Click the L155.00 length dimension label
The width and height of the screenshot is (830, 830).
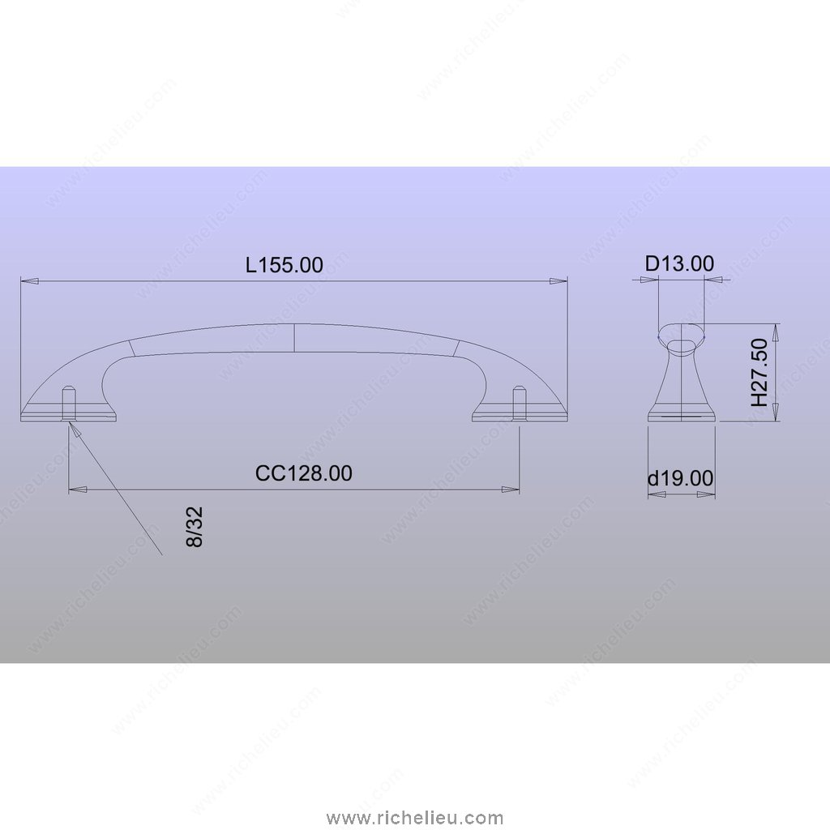(x=285, y=265)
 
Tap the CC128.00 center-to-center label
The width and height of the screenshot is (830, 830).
(x=303, y=473)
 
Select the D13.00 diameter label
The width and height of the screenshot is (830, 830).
(x=680, y=263)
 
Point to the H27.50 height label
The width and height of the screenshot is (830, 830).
(x=759, y=373)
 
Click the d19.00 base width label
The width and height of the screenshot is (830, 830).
(x=681, y=478)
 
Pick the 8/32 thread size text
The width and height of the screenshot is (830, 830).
(x=195, y=527)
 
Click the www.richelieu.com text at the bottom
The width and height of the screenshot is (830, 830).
(x=415, y=818)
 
